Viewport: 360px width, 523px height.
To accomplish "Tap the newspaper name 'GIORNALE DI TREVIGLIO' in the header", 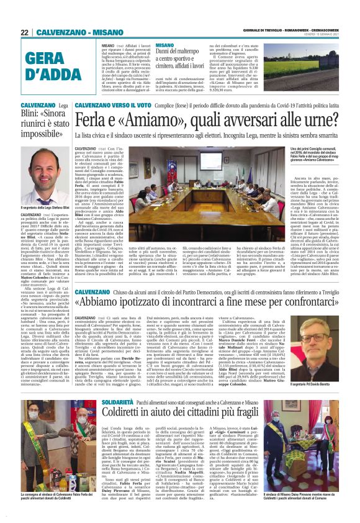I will [x=263, y=31].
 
